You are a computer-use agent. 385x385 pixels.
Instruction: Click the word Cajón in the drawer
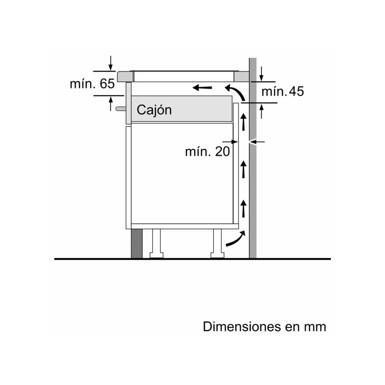click(154, 110)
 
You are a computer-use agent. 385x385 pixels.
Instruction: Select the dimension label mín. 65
click(92, 84)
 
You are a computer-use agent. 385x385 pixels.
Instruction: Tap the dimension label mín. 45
click(282, 91)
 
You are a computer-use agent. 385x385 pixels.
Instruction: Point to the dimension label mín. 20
click(207, 152)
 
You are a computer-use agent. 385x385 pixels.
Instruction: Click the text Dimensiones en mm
click(264, 326)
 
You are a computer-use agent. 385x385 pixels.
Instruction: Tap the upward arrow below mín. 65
click(111, 103)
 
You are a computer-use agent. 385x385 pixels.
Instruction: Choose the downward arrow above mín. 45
click(261, 74)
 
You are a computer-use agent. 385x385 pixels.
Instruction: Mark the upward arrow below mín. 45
click(261, 111)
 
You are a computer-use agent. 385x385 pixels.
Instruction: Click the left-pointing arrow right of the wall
click(259, 141)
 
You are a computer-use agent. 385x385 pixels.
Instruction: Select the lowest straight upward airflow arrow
click(244, 208)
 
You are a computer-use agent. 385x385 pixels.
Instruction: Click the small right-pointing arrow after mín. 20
click(234, 141)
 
